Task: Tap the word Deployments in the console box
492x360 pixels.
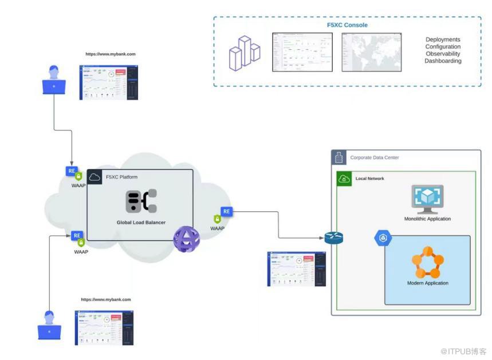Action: pos(443,39)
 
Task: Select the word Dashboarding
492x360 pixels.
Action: pos(443,61)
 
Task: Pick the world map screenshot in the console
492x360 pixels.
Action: pos(371,52)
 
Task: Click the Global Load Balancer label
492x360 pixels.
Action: pos(141,222)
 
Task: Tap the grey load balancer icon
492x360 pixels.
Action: pos(141,201)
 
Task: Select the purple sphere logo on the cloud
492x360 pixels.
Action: pos(187,239)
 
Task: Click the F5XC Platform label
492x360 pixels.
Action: pos(121,177)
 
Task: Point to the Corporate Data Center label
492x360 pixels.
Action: pos(375,157)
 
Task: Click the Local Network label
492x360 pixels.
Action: pos(369,179)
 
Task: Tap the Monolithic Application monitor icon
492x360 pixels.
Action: pos(427,199)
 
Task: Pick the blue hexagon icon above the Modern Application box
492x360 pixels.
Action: pos(383,238)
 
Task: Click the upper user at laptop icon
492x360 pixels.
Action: pos(54,80)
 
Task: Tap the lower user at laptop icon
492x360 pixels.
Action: pos(49,325)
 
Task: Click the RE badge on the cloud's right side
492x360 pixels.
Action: pos(226,212)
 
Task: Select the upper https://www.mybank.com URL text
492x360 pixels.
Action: pos(111,54)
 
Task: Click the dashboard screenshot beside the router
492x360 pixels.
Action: pos(296,268)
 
